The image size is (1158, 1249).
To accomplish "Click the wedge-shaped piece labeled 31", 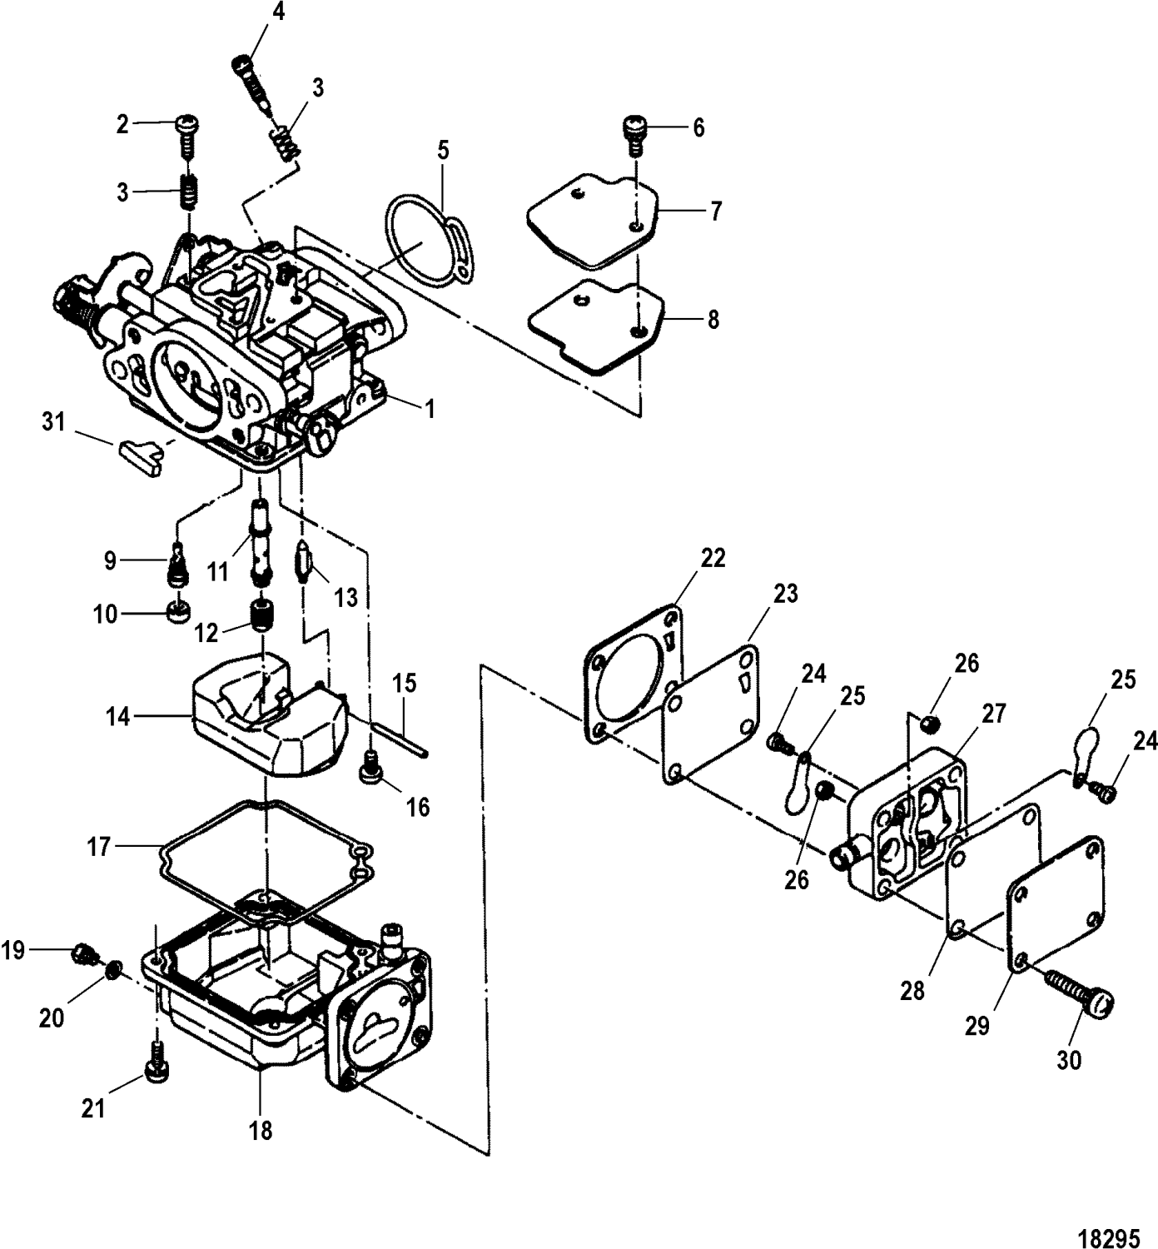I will (138, 458).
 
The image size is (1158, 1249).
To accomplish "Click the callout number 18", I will (261, 1130).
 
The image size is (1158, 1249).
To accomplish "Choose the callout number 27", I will (994, 714).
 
